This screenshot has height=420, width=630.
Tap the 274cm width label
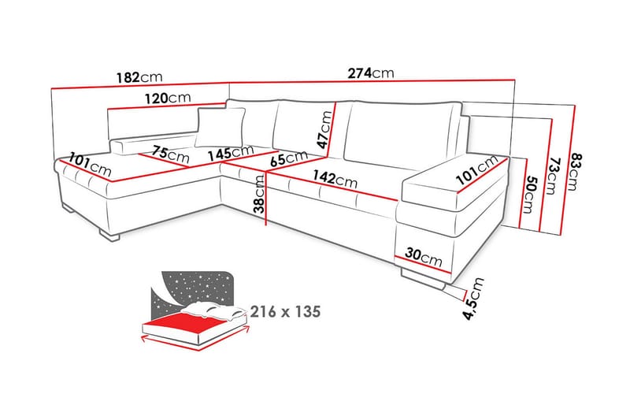click(370, 73)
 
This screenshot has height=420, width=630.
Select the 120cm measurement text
click(168, 98)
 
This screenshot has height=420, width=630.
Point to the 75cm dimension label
click(171, 154)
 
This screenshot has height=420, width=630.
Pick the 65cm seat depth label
click(287, 158)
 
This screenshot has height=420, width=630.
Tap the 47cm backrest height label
click(325, 126)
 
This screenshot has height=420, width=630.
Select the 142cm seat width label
click(339, 180)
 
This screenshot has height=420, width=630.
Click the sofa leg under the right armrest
click(425, 277)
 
